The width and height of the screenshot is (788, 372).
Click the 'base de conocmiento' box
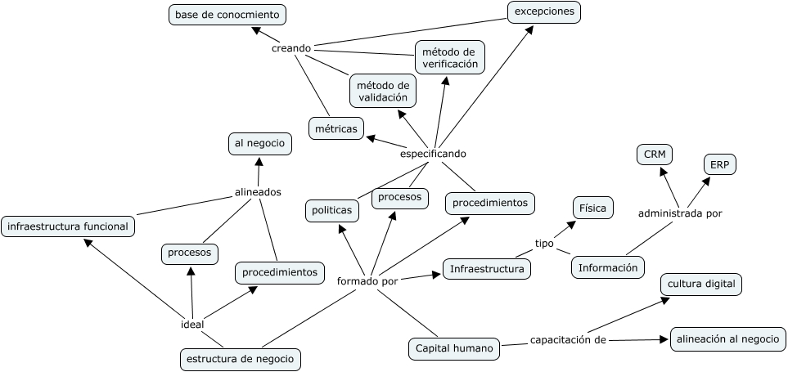227,15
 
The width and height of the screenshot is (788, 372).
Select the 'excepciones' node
543,12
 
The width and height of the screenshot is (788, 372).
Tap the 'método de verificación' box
449,57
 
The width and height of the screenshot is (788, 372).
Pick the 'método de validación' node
382,91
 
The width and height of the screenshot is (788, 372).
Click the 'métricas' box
335,128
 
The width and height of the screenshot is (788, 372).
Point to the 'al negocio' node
259,144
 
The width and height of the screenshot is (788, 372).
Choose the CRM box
654,155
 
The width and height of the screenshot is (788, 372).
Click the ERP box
719,164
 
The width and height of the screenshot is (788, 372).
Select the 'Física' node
592,208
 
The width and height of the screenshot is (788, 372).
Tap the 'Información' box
607,267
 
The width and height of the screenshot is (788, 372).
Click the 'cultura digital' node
701,285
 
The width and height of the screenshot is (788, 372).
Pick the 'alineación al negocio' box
727,339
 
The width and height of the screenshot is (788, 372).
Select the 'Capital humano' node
454,349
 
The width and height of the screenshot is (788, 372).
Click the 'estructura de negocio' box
240,359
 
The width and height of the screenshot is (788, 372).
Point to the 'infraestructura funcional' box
68,226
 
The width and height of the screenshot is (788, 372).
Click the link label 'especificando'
433,154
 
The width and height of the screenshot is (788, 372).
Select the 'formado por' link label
367,281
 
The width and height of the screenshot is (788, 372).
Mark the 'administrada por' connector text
679,213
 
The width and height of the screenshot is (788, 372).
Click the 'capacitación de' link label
567,340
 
